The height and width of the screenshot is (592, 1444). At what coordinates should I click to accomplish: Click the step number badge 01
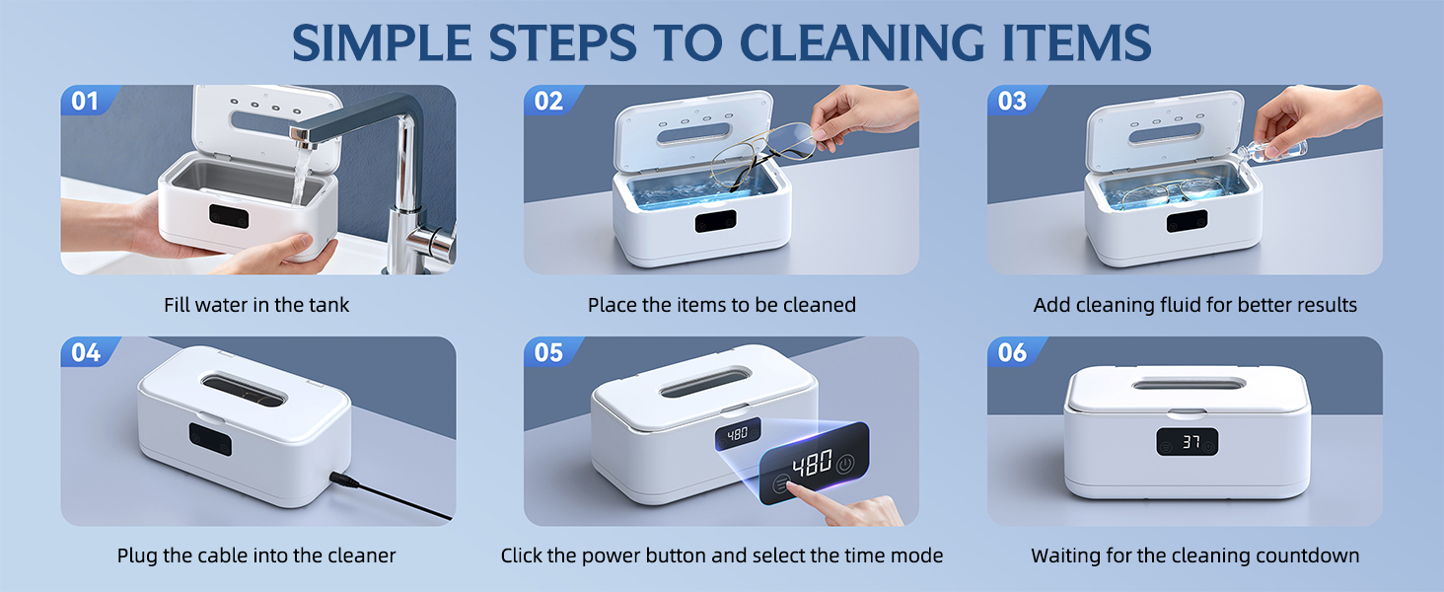tap(86, 101)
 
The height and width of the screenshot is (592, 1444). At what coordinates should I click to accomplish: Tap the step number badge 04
tap(86, 352)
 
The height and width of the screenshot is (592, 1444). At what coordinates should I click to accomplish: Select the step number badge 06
tap(1013, 352)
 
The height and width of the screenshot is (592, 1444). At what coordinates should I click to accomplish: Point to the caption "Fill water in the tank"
tap(256, 305)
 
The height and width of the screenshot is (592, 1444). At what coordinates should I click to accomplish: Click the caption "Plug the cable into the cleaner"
tap(256, 555)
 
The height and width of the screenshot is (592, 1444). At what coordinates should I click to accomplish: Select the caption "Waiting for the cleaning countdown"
tap(1194, 555)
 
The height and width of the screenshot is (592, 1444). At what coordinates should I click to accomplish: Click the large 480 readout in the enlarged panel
tap(811, 464)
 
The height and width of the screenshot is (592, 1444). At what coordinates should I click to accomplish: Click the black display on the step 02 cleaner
tap(715, 221)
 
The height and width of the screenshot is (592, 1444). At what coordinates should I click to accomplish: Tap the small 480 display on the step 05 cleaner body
tap(738, 433)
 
